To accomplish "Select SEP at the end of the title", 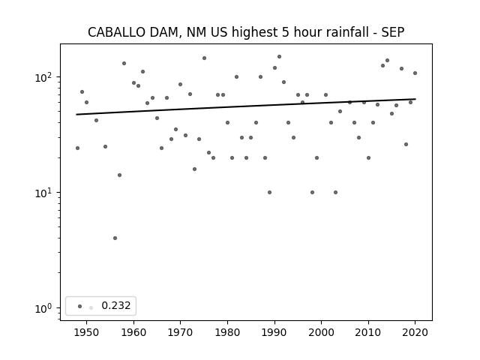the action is coord(393,32).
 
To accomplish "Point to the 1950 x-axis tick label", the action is coord(87,332).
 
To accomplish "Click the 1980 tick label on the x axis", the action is coord(227,332).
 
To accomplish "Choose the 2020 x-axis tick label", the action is coord(415,332).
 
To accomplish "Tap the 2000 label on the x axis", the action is coord(322,332).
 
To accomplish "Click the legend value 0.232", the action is coord(116,305).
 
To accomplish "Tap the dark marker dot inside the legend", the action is coord(80,306).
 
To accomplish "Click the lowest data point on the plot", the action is coord(115,238).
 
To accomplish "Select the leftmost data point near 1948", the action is coord(77,148).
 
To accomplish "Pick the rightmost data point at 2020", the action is coord(415,73).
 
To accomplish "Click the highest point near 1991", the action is coord(279,57).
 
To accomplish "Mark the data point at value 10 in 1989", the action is coord(269,193).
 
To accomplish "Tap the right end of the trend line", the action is coord(415,99).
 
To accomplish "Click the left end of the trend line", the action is coord(76,115).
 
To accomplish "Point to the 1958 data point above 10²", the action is coord(124,63).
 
